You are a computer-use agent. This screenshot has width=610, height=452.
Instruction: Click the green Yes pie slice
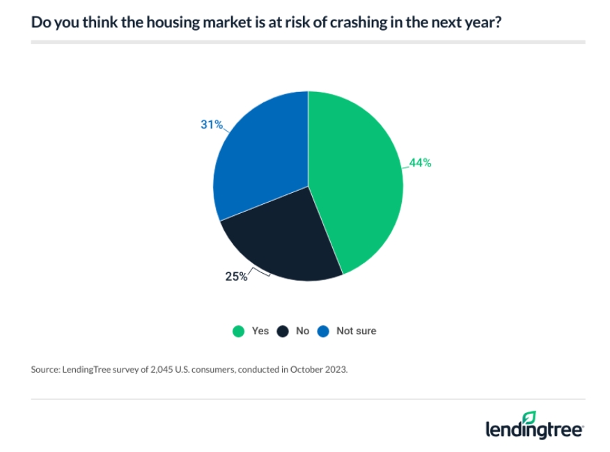click(x=355, y=181)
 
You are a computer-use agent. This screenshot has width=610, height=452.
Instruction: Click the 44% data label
click(x=420, y=163)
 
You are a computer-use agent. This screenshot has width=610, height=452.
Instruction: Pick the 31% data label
click(x=211, y=125)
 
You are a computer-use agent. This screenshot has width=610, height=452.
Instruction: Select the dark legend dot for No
click(x=282, y=332)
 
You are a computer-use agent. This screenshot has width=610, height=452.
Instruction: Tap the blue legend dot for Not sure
click(x=323, y=332)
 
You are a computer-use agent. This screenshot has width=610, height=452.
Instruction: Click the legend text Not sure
click(x=356, y=331)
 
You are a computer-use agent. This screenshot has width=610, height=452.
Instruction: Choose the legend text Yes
click(x=260, y=331)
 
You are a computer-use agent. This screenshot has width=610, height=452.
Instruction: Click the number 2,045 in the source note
click(x=152, y=370)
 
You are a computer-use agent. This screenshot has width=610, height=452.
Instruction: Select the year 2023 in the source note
click(x=334, y=370)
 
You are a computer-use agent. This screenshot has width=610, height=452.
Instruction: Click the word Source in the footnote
click(x=45, y=370)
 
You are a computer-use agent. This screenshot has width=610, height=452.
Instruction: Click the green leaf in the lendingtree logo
click(x=529, y=416)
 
